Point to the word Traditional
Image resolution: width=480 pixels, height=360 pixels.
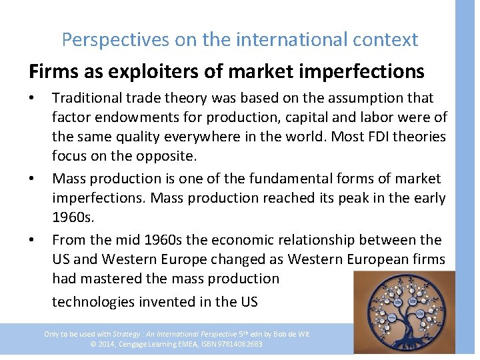tap(87, 98)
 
